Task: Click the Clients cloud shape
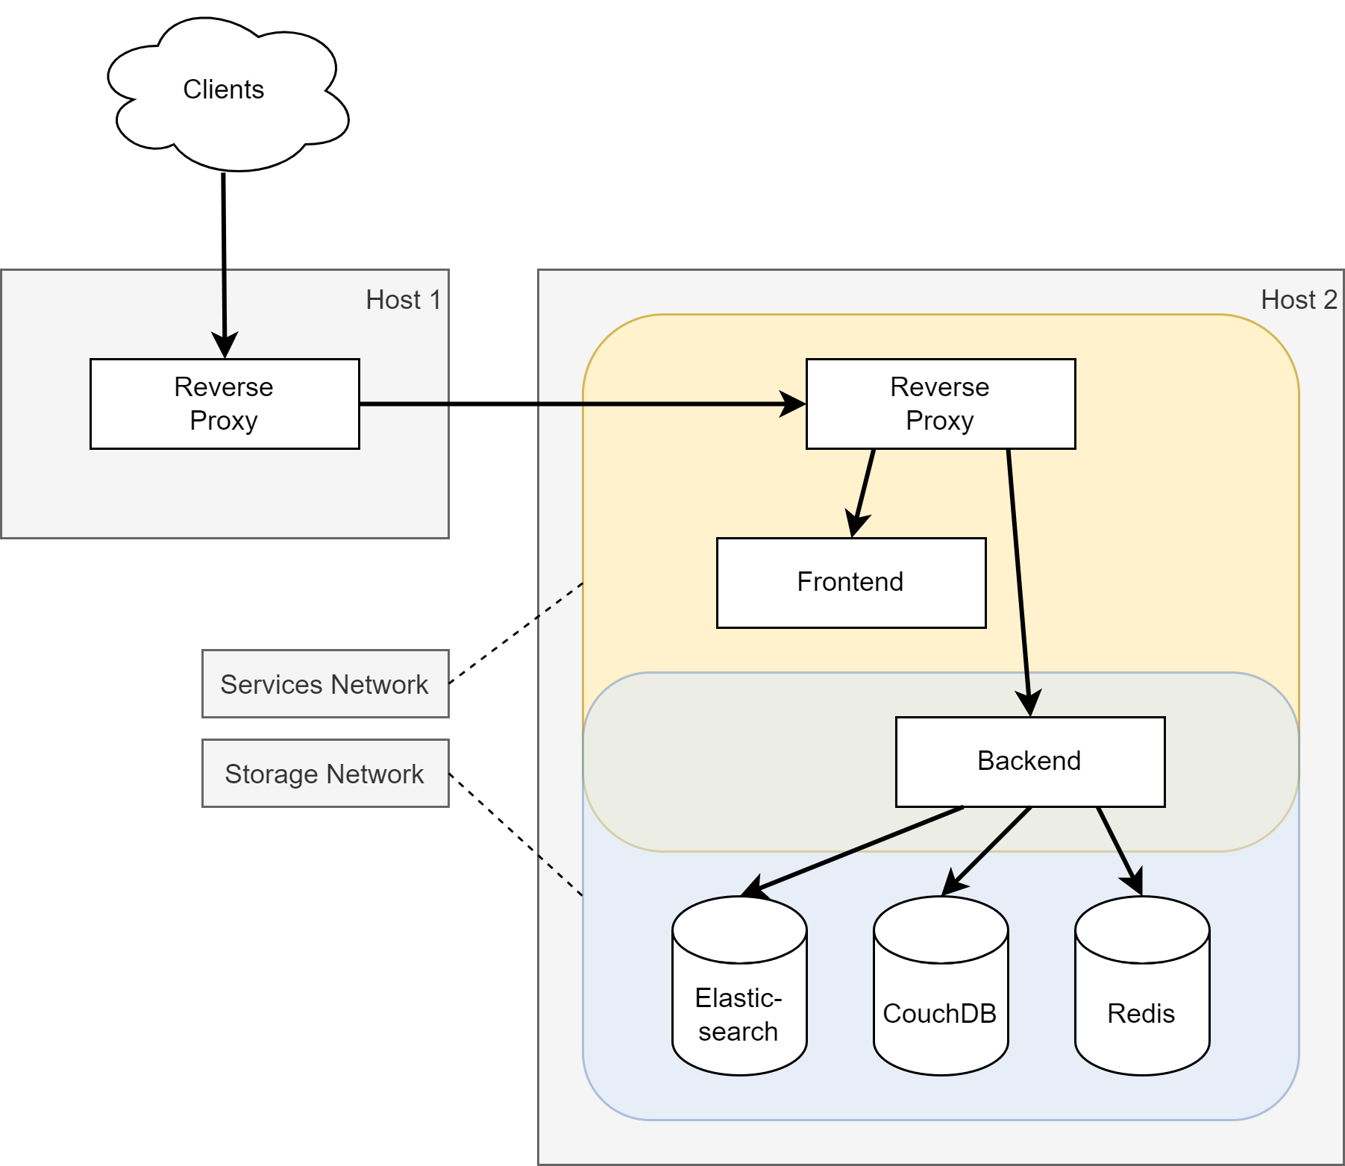(x=224, y=93)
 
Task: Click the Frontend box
(x=850, y=583)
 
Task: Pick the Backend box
(x=1029, y=762)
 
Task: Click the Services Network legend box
(x=325, y=684)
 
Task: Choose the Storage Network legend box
(x=325, y=774)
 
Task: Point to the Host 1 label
(x=404, y=300)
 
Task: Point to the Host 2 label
(x=1299, y=300)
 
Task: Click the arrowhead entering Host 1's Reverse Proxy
(x=225, y=345)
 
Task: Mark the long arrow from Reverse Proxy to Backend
(x=1019, y=582)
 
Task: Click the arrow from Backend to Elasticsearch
(x=858, y=850)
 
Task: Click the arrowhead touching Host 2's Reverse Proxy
(x=792, y=404)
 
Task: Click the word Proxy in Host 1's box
(x=223, y=421)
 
